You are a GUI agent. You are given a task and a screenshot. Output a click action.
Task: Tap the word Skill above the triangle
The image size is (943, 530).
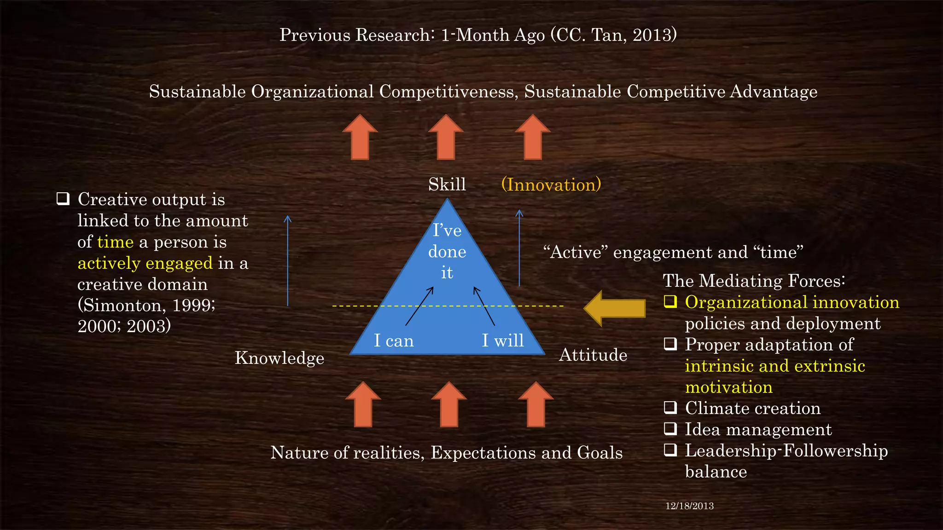tap(447, 184)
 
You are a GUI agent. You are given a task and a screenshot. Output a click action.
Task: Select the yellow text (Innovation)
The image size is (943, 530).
tap(551, 184)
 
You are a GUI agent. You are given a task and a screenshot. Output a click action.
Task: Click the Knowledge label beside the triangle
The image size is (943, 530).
tap(279, 358)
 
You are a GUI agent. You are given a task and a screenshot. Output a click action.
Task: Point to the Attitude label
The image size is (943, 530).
tap(593, 355)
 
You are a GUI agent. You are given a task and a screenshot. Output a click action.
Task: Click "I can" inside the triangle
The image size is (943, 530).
tap(394, 340)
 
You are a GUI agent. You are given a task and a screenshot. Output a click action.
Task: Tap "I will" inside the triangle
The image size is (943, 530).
tap(503, 340)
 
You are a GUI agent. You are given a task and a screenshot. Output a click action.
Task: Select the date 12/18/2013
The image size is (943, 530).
tap(689, 506)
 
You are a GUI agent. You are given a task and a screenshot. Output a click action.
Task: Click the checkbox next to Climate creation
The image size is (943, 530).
tap(670, 407)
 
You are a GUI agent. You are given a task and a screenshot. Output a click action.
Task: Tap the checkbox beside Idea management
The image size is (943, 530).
tap(670, 428)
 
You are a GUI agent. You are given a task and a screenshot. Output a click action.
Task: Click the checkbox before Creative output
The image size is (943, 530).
tap(63, 199)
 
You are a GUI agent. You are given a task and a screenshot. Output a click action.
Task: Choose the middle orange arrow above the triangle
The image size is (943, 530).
tap(446, 137)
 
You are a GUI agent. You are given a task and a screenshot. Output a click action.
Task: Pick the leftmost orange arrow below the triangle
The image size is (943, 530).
tap(363, 404)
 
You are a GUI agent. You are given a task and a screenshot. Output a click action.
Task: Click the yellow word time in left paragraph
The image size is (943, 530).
tap(115, 242)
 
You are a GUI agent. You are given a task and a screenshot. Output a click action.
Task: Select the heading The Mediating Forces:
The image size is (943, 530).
tap(754, 281)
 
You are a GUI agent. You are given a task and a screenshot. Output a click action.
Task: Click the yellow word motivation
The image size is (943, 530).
tap(728, 387)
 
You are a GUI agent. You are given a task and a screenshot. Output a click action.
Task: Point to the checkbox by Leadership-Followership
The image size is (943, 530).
tap(670, 449)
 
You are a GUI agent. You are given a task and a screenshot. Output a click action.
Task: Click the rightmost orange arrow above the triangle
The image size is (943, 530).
tap(533, 137)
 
